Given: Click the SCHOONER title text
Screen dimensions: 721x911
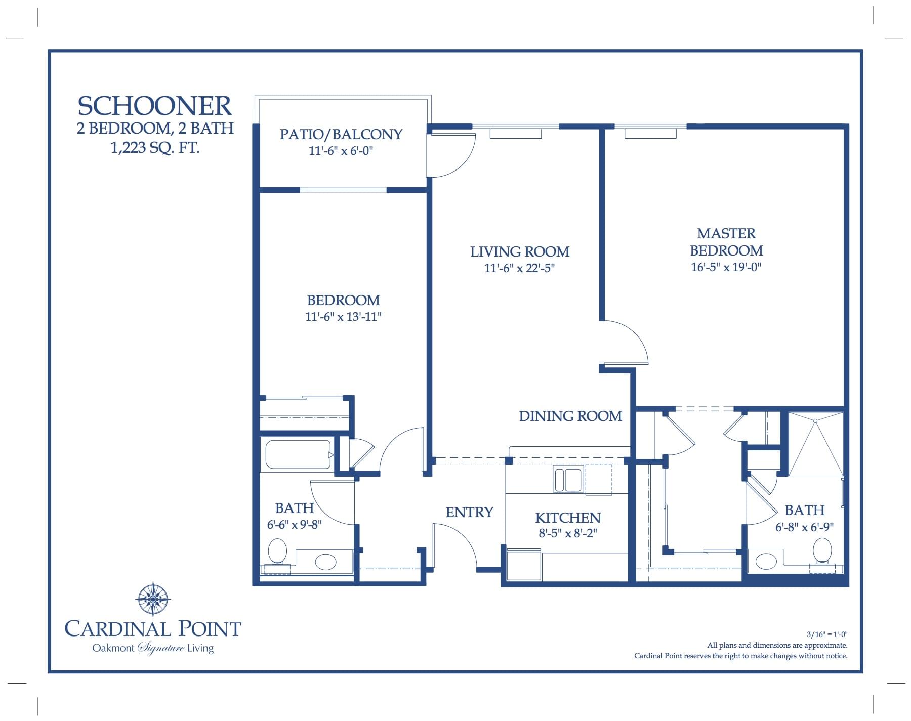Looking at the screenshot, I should [x=154, y=106].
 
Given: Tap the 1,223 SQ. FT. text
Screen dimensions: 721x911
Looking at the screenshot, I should [x=155, y=148].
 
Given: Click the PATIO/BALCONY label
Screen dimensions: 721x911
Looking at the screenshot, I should [x=341, y=134].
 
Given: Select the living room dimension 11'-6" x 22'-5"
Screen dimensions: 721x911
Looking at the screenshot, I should [x=519, y=268].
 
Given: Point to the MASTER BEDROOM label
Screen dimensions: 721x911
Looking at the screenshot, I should [x=726, y=242].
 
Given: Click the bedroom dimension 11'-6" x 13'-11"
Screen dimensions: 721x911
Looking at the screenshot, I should [x=343, y=317].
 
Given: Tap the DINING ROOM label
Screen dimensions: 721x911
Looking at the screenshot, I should [x=570, y=416].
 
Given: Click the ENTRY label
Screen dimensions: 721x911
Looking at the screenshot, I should [x=469, y=512].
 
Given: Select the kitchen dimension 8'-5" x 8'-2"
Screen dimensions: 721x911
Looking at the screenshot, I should [x=568, y=533].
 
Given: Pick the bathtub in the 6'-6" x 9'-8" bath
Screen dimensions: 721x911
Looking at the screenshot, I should [x=298, y=454].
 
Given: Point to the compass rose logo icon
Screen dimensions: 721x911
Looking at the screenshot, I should [x=152, y=599].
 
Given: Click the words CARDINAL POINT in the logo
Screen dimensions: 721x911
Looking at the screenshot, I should [x=153, y=629].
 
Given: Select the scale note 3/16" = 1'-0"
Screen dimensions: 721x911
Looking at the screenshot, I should [x=826, y=634].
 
